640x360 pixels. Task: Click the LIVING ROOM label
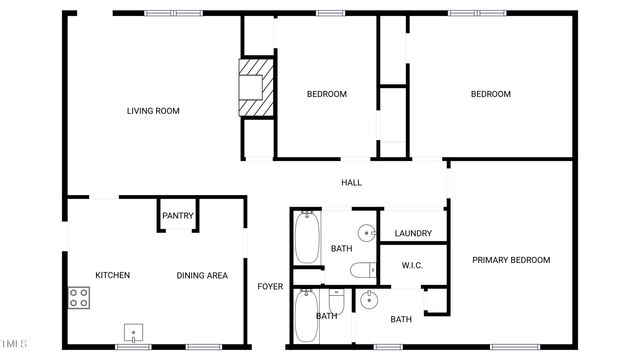(153, 111)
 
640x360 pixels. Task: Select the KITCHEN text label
(112, 275)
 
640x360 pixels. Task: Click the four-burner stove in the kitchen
(79, 297)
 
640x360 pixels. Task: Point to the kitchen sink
(132, 332)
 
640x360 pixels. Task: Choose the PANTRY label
(178, 216)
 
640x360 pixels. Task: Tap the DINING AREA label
(202, 275)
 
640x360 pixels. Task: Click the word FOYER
(270, 287)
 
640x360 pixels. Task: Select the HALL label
(351, 183)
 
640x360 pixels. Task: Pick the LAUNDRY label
(413, 234)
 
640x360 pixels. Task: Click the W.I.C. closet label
(413, 265)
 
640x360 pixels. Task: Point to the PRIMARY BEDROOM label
(511, 260)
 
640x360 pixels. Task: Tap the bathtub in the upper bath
(307, 238)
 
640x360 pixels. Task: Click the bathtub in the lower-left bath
(307, 315)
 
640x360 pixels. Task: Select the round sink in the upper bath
(367, 234)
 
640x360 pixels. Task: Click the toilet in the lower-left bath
(337, 300)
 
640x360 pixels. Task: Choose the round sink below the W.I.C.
(369, 298)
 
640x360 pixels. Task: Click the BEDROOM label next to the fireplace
(326, 94)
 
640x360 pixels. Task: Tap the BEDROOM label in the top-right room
(491, 94)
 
